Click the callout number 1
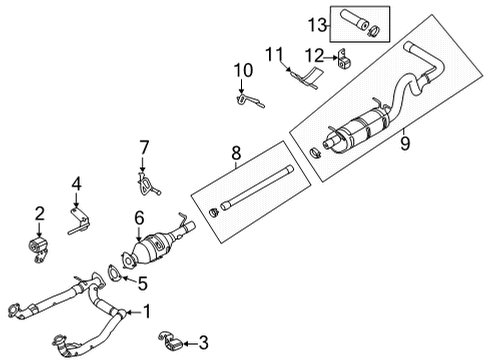(x=148, y=311)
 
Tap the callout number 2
(x=41, y=212)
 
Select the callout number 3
(x=203, y=342)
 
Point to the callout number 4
(x=76, y=183)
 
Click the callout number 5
(x=142, y=282)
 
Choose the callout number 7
(x=144, y=147)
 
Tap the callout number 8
(x=235, y=153)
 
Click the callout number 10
(x=240, y=69)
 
